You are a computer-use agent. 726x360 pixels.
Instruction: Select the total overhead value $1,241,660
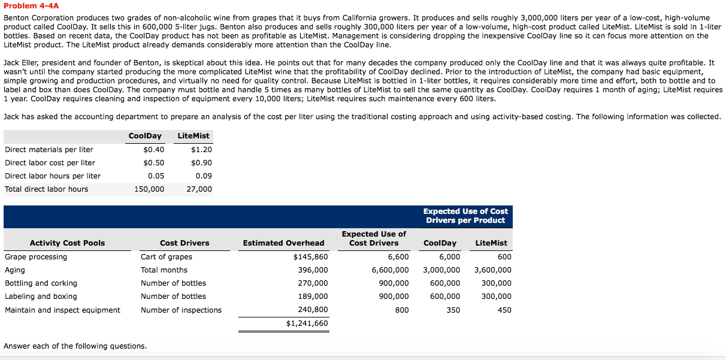point(307,323)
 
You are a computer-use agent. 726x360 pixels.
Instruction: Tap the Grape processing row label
point(36,257)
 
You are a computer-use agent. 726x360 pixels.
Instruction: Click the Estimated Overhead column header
point(283,243)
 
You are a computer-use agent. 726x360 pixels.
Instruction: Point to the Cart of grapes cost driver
point(167,257)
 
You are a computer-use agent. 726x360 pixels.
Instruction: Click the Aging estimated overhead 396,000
point(313,270)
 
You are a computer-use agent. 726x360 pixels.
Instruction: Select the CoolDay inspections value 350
point(453,310)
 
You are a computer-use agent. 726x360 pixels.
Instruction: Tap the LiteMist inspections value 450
point(504,310)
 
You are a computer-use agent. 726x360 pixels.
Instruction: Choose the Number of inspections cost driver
point(181,310)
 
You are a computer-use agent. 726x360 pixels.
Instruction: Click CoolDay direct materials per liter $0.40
point(154,150)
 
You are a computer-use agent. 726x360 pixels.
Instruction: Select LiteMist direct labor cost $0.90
point(201,163)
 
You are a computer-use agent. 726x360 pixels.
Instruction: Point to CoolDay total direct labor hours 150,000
point(149,189)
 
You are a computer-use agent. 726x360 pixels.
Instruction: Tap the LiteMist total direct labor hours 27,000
point(199,189)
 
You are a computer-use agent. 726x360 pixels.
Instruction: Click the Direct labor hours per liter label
point(53,176)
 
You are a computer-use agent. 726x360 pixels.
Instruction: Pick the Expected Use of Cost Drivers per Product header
point(465,216)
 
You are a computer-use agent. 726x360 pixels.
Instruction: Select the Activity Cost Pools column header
point(67,243)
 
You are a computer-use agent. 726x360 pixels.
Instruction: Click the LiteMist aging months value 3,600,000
point(492,270)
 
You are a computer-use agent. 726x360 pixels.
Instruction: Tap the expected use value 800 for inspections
point(402,310)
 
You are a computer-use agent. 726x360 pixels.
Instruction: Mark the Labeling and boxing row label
point(41,297)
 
